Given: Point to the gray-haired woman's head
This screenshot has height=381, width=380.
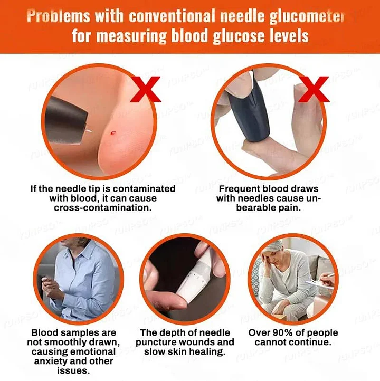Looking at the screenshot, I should pyautogui.click(x=280, y=253).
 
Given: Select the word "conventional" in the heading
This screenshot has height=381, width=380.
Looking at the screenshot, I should pyautogui.click(x=161, y=16).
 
